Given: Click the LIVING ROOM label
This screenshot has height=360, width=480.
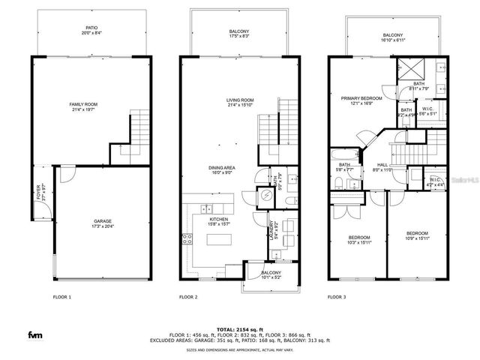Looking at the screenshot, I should click(240, 101).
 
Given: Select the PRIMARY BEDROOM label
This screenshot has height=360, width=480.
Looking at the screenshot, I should click(361, 99).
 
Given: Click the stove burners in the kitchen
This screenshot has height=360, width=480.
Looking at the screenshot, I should click(187, 240).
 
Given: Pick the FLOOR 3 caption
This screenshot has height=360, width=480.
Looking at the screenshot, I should click(337, 297).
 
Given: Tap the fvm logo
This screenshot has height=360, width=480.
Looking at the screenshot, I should click(34, 334).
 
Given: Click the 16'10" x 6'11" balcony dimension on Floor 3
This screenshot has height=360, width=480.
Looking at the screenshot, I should click(392, 40).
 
